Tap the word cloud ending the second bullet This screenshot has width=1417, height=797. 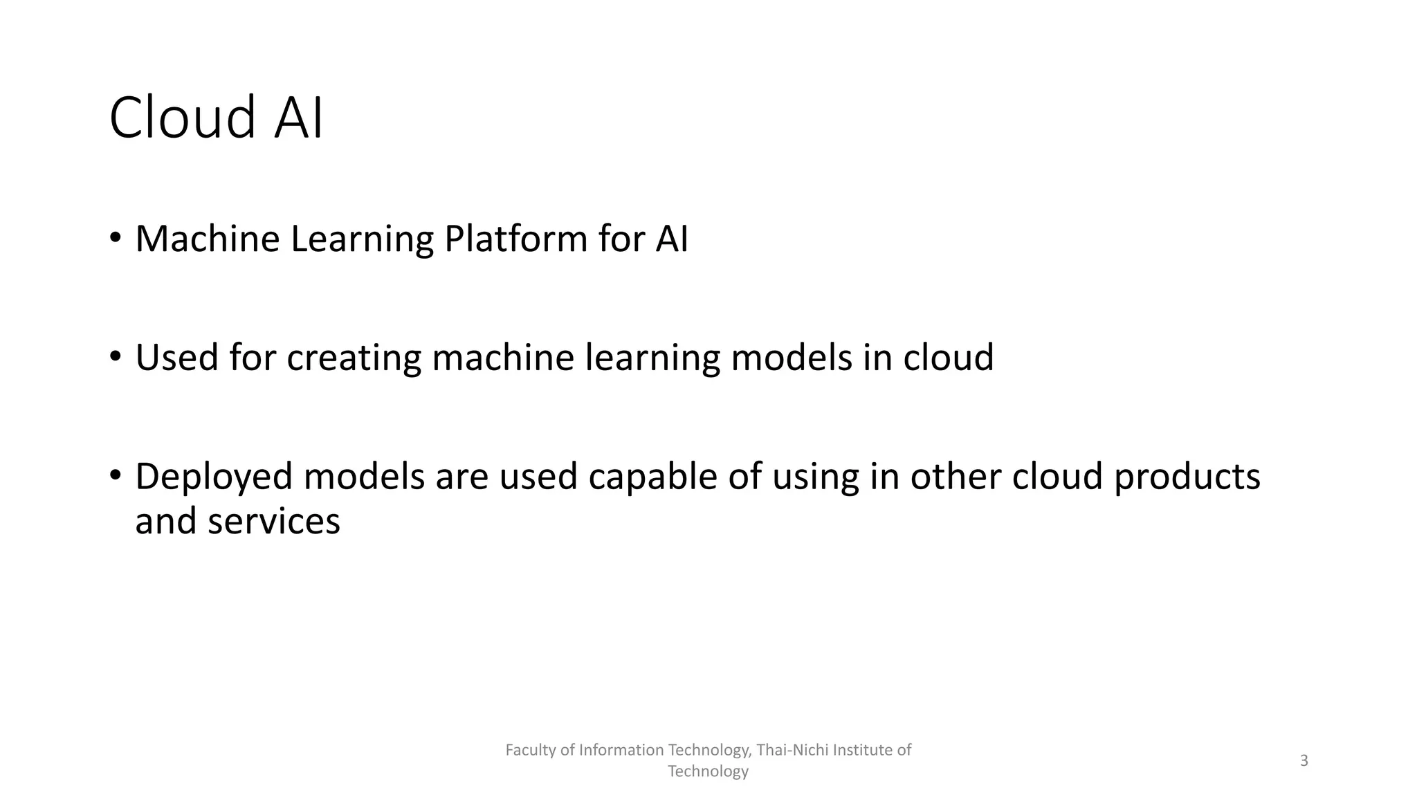click(x=948, y=358)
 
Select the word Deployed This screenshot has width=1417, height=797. click(x=214, y=477)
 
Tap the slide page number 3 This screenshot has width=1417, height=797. click(x=1304, y=761)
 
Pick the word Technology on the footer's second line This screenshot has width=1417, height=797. click(x=708, y=771)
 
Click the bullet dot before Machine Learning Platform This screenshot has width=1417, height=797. click(x=115, y=238)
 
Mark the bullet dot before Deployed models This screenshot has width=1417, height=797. click(x=115, y=476)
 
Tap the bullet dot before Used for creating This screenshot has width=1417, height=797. click(x=115, y=357)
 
